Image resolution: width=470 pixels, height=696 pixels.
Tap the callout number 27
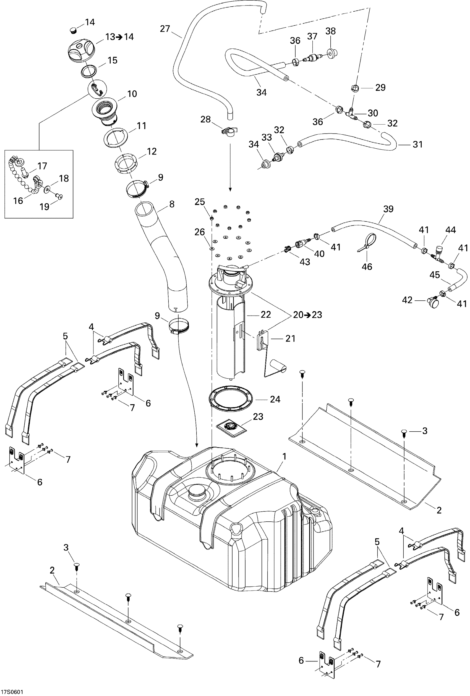coord(165,29)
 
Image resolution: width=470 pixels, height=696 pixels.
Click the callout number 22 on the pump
coord(266,314)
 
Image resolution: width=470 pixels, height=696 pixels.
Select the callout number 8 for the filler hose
coord(171,204)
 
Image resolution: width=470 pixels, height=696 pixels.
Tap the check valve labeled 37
coord(312,58)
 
